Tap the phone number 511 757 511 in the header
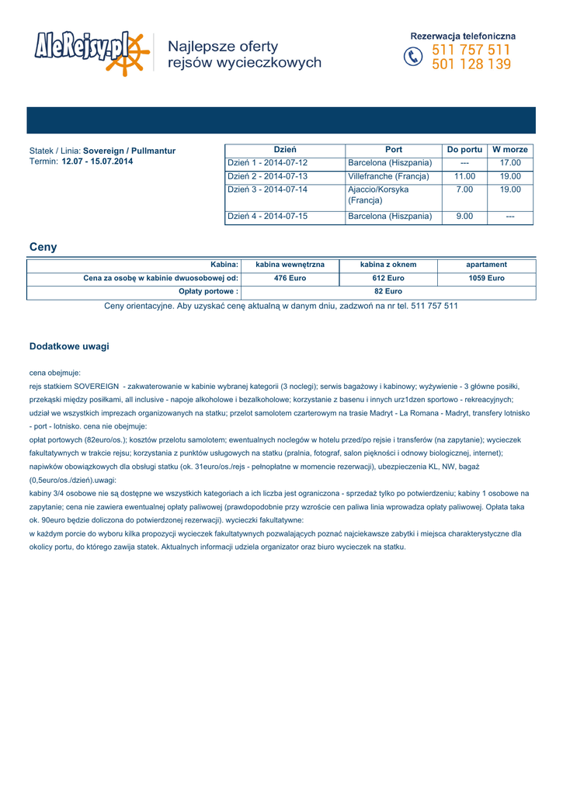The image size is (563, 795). (471, 50)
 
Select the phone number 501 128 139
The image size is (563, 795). (471, 65)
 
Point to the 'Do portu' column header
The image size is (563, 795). (464, 149)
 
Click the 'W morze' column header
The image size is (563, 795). (510, 149)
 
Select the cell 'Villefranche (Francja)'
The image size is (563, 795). (388, 176)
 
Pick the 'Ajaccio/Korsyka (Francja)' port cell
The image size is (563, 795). (378, 195)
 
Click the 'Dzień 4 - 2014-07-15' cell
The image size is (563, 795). (267, 217)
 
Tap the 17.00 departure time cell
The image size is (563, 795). (510, 163)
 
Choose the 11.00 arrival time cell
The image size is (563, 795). (464, 176)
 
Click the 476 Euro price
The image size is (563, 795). (290, 278)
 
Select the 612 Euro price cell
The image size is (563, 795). (388, 278)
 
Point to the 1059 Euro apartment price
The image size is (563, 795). (486, 278)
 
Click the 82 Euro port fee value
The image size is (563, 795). (388, 291)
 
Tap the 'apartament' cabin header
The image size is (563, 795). (486, 265)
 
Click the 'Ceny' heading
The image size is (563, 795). (43, 248)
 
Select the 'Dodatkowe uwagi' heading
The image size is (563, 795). (69, 346)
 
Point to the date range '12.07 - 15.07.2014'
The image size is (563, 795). (97, 161)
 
